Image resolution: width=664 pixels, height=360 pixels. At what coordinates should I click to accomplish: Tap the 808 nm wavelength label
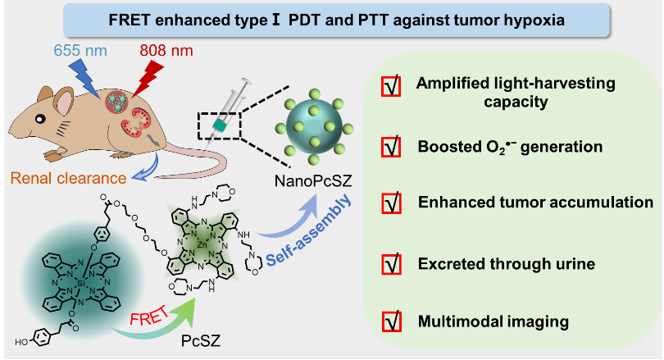coord(166,47)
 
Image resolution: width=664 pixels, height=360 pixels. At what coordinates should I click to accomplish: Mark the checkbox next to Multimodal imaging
coord(392,322)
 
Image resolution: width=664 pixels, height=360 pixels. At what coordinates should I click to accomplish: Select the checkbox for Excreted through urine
coord(392,263)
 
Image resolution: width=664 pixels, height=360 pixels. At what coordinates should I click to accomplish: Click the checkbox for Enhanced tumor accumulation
coord(392,203)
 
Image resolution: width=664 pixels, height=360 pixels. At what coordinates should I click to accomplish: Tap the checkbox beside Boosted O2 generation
coord(392,147)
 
